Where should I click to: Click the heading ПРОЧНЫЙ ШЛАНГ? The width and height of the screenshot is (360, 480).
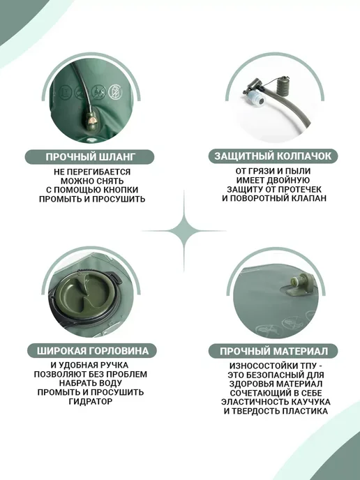90,157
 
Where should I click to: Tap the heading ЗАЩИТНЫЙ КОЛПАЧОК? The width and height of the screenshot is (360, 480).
273,156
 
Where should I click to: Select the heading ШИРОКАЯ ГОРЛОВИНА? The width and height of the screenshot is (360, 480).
93,351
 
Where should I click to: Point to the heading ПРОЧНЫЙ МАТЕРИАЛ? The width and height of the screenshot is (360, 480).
273,351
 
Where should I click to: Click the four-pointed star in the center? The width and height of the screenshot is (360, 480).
184,231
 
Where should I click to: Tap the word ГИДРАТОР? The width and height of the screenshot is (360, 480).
91,401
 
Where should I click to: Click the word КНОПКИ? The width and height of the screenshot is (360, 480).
119,190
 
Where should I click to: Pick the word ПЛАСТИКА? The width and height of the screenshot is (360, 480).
305,411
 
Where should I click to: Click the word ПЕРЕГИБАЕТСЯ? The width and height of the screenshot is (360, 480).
98,172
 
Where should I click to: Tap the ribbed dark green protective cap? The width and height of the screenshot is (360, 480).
283,85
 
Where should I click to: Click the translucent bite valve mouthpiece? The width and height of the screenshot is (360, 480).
255,98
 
